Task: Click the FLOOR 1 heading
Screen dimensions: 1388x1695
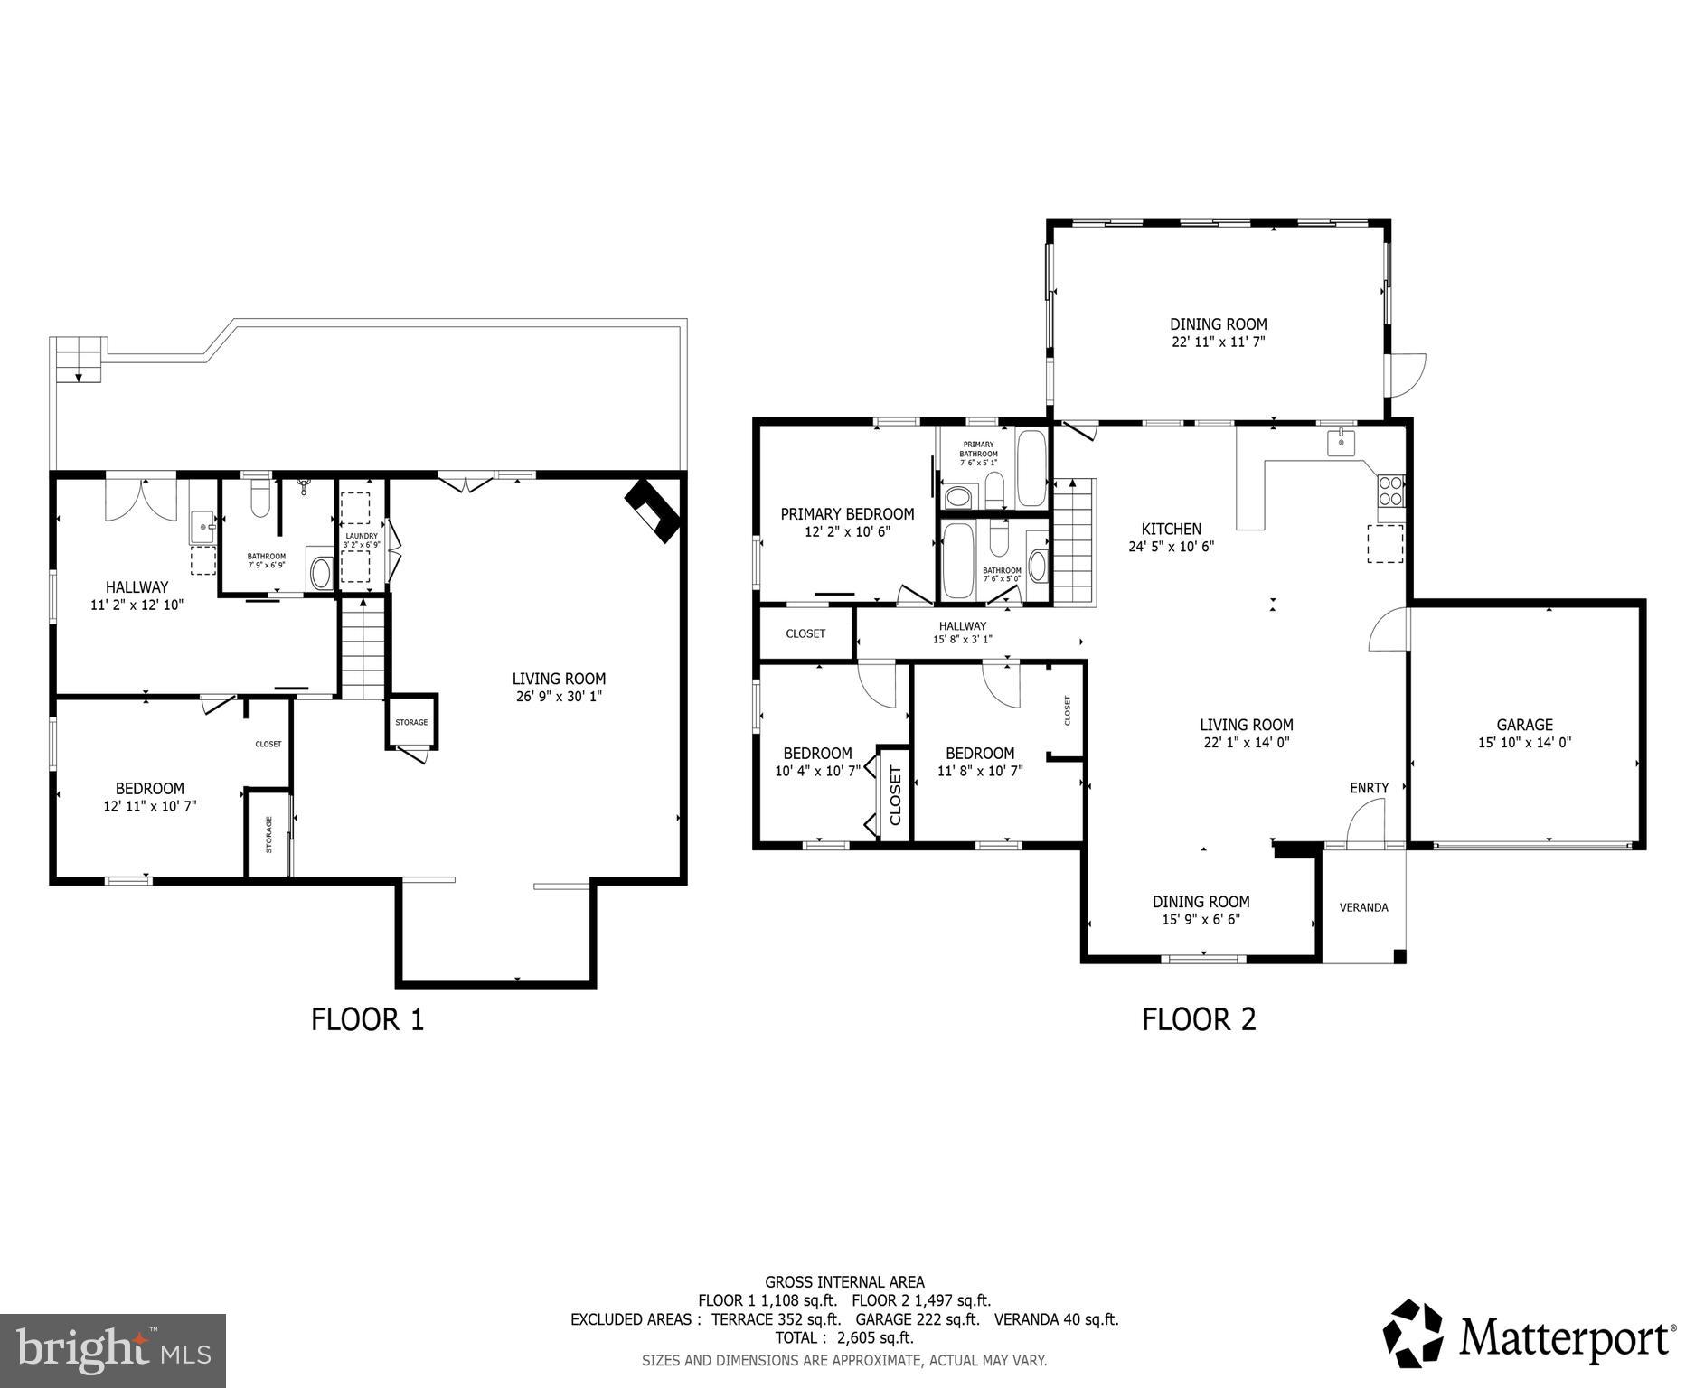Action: [367, 1019]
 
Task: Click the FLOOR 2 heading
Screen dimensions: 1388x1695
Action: [1199, 1019]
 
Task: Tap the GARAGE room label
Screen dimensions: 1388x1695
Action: [1524, 725]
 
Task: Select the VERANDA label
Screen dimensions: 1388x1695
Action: [1363, 907]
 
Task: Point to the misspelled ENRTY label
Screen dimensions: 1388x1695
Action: [1369, 788]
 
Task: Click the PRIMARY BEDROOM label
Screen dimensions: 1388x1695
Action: [847, 514]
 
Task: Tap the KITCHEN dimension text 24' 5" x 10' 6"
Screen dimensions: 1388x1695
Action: [1171, 547]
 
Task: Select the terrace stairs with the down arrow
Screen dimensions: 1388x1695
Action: [79, 359]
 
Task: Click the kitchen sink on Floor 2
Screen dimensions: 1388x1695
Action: [1341, 443]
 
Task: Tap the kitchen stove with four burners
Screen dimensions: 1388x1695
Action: [1390, 491]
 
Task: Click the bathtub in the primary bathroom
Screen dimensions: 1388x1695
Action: [1031, 467]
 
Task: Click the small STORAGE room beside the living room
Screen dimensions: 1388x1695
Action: [411, 722]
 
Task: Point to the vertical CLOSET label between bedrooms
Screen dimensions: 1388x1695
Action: [895, 795]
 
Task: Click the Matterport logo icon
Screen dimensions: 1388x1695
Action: [1415, 1334]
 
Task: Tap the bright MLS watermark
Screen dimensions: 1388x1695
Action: [113, 1350]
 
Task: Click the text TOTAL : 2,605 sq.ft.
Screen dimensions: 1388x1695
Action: [843, 1337]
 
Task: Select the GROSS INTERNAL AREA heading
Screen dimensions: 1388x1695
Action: [844, 1281]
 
